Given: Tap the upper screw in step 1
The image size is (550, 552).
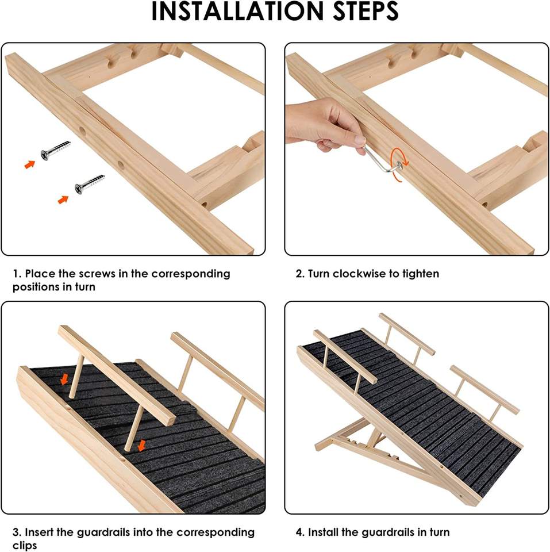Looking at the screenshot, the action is (56, 150).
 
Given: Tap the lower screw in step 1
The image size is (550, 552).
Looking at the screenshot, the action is (90, 184).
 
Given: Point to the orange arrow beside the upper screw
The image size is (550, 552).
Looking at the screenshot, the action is (30, 164).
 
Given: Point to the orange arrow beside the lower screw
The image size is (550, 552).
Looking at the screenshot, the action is (63, 200).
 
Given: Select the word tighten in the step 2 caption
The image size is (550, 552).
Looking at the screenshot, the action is (421, 274).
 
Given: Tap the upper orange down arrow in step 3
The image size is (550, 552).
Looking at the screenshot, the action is (64, 379).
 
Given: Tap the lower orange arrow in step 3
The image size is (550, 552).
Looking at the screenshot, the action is (142, 445).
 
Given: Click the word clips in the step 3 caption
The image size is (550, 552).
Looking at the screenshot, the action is (25, 545).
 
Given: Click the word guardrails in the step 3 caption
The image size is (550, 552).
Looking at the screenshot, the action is (107, 532).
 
